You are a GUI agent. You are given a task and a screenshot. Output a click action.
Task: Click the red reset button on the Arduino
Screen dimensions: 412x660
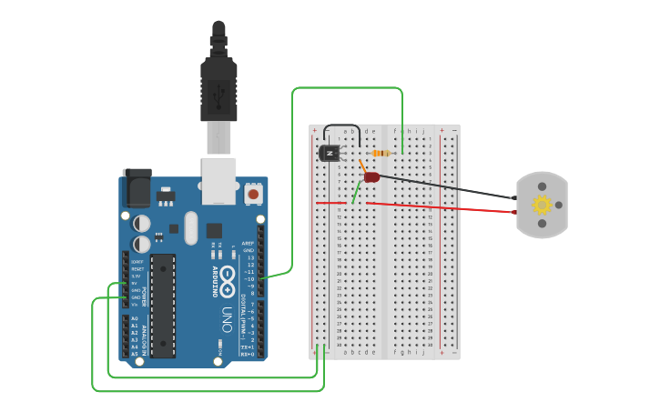point(252,194)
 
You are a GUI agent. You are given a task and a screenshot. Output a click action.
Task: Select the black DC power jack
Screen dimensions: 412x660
point(136,189)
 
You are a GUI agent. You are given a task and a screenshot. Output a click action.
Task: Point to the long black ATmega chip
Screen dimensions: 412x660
point(163,305)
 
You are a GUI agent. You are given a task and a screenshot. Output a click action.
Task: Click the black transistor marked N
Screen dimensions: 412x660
point(329,153)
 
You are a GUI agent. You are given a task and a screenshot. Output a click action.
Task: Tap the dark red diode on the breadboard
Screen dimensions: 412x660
point(371,176)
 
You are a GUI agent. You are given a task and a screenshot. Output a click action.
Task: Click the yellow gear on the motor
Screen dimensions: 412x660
point(542,205)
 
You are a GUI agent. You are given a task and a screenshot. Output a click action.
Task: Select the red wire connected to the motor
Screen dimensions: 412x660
point(446,206)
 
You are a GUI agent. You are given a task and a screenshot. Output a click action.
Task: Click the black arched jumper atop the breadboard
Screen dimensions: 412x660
point(340,129)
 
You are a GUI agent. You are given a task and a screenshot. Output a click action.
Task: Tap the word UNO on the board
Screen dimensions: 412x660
point(227,317)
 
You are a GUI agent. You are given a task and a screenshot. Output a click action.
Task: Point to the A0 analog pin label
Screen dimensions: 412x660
point(134,318)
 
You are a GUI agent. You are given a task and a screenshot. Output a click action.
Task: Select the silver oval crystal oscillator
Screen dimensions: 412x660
point(190,227)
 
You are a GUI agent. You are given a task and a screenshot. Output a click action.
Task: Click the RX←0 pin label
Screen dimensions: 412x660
point(247,354)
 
